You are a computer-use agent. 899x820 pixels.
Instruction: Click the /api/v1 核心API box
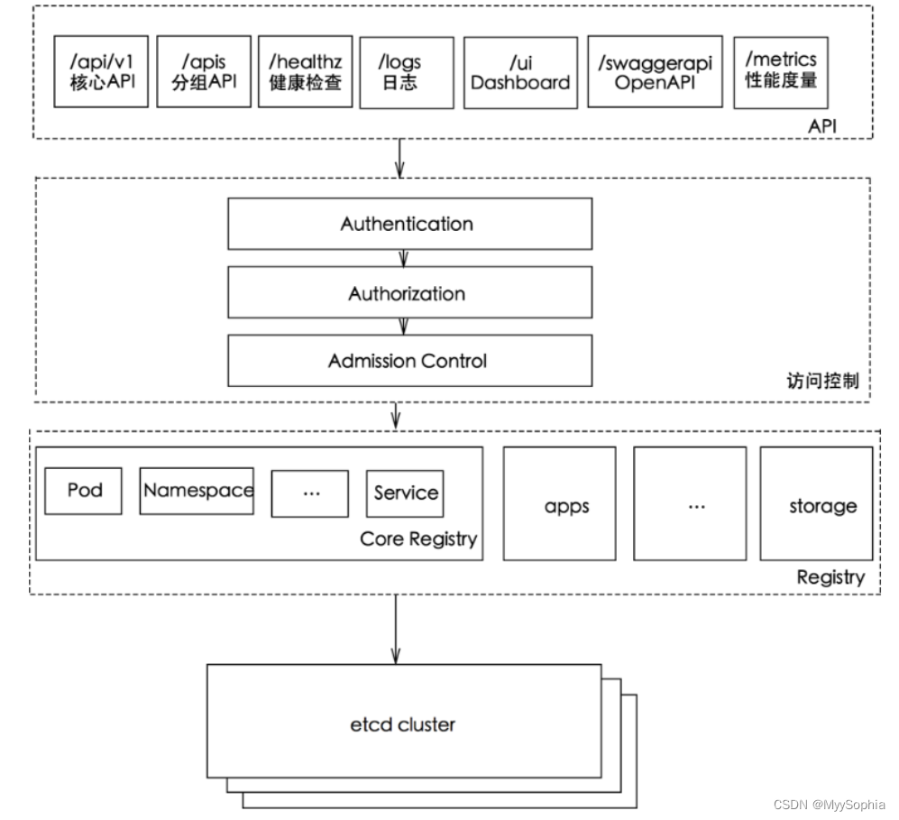101,72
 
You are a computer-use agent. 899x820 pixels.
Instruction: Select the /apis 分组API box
203,72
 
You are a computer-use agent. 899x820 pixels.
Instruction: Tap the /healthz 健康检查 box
305,72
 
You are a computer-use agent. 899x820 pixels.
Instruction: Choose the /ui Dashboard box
520,72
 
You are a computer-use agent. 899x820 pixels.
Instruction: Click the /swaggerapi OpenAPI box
655,72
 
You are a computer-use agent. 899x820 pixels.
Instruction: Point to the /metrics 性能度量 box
780,72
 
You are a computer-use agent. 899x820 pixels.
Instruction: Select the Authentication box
409,224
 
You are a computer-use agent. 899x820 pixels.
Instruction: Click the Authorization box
409,293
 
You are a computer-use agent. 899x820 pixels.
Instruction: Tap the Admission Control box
409,361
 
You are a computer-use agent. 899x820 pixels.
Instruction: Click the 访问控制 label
822,382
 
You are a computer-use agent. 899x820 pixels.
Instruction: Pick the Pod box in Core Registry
84,491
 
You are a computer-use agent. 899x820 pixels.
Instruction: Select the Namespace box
197,491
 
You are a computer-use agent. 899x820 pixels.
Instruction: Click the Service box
405,493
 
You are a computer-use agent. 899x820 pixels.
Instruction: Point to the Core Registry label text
417,539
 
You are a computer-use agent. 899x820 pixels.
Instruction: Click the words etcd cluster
403,723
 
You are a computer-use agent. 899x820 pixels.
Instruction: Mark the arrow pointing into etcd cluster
395,631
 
